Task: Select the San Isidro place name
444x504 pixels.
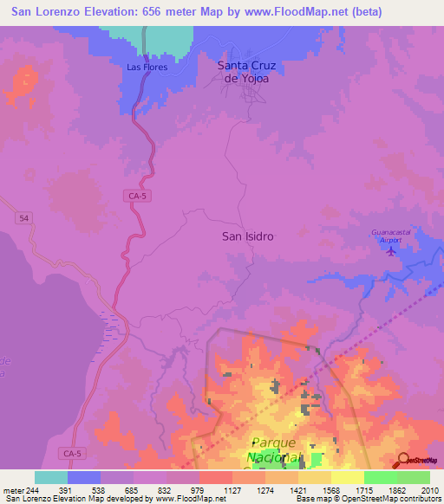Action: pyautogui.click(x=248, y=236)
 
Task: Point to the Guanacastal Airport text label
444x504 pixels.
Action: pyautogui.click(x=391, y=232)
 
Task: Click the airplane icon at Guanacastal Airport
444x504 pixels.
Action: pyautogui.click(x=389, y=251)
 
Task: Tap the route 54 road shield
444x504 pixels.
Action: pyautogui.click(x=23, y=220)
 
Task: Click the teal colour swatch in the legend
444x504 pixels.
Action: pyautogui.click(x=51, y=477)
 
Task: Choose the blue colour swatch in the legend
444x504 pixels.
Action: pyautogui.click(x=84, y=477)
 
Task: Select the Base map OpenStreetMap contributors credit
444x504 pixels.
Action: pyautogui.click(x=369, y=499)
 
